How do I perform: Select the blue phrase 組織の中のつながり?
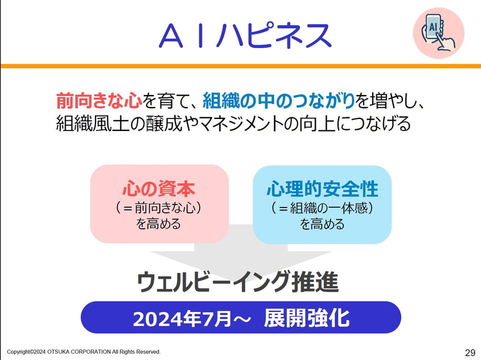pyautogui.click(x=278, y=100)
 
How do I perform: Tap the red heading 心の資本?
pyautogui.click(x=159, y=189)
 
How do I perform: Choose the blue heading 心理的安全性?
pyautogui.click(x=322, y=189)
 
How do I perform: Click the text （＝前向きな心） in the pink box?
pyautogui.click(x=159, y=208)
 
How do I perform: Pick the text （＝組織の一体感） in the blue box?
pyautogui.click(x=322, y=208)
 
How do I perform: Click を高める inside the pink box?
pyautogui.click(x=159, y=225)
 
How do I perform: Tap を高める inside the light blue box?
pyautogui.click(x=322, y=225)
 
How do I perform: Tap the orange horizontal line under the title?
pyautogui.click(x=240, y=65)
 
